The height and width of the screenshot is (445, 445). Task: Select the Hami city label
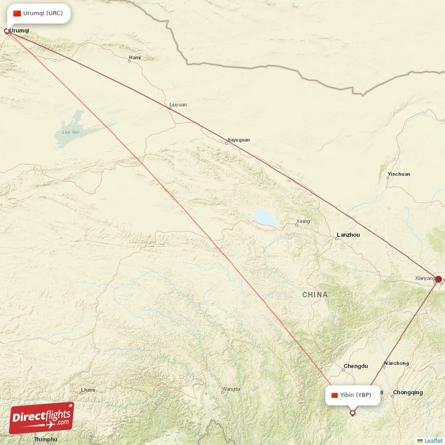click(135, 57)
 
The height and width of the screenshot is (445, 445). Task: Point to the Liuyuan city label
click(178, 104)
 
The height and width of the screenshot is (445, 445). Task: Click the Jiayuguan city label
click(239, 140)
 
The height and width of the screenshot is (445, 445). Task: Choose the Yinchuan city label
click(399, 174)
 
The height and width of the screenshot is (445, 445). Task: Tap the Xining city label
click(303, 221)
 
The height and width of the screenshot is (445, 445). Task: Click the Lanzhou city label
click(348, 235)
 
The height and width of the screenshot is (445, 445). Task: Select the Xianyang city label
click(425, 278)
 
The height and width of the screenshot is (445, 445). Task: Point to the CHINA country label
click(315, 294)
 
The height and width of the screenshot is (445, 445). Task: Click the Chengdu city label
click(356, 366)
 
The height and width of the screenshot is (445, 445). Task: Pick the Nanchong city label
click(397, 363)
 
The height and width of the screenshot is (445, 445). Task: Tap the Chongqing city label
click(408, 392)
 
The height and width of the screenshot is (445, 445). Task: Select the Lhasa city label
click(88, 390)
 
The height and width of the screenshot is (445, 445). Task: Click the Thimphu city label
click(46, 439)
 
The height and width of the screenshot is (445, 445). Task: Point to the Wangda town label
click(231, 389)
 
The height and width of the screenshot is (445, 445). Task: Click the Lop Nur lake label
click(69, 132)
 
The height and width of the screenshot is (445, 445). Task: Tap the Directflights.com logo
click(42, 418)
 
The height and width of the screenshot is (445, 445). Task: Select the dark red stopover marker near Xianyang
click(438, 279)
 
